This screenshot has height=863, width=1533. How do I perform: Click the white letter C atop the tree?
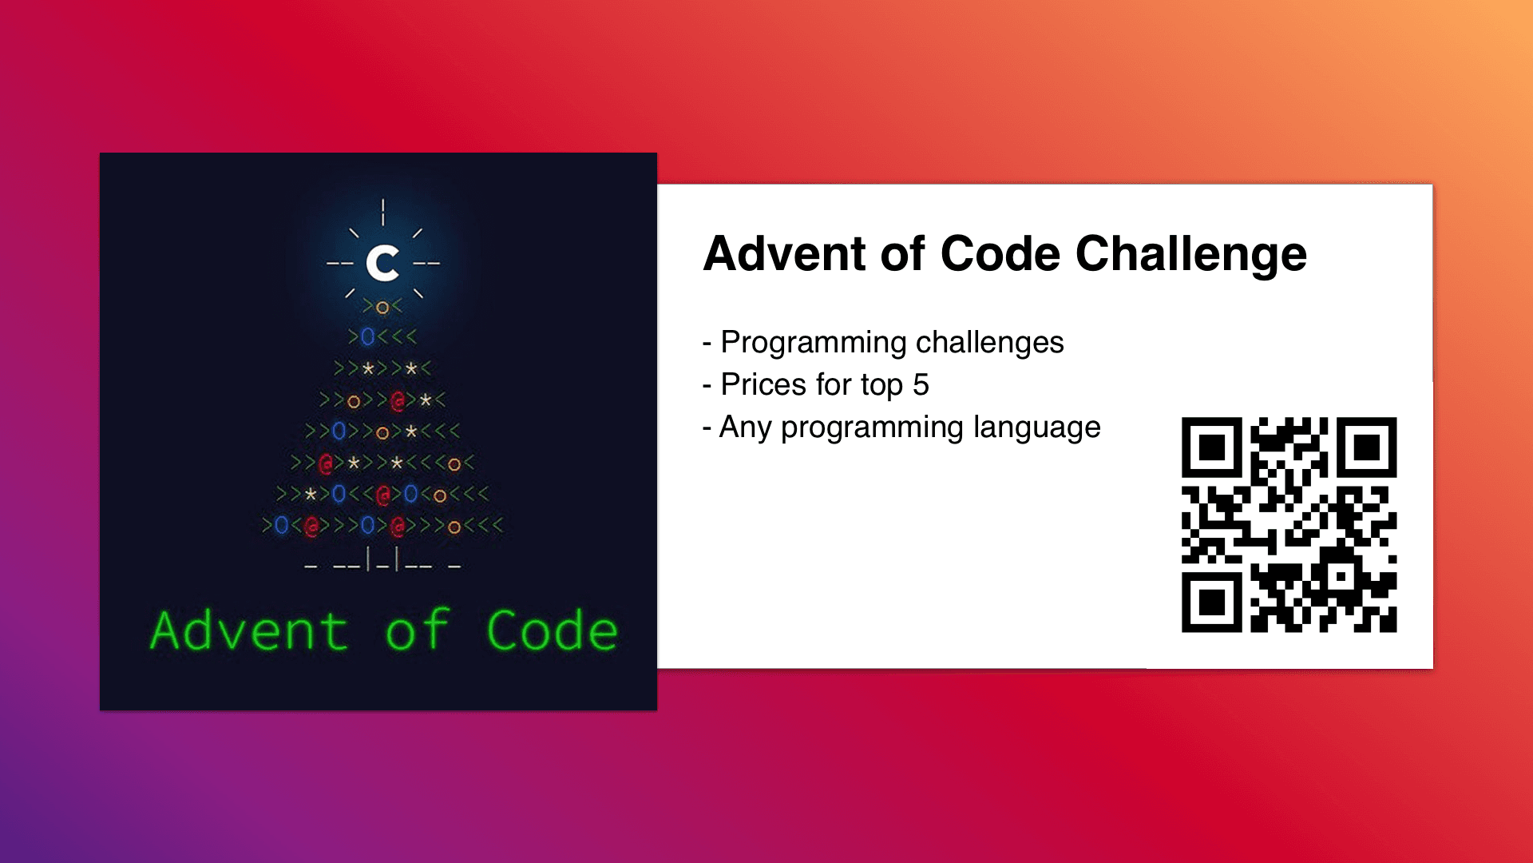pyautogui.click(x=383, y=263)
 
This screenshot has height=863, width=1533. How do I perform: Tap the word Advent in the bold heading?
pyautogui.click(x=786, y=254)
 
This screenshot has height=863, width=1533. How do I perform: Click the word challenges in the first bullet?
pyautogui.click(x=990, y=342)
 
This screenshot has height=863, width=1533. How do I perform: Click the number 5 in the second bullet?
pyautogui.click(x=921, y=385)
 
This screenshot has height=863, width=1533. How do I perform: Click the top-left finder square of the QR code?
pyautogui.click(x=1212, y=447)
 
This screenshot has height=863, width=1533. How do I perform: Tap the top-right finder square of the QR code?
pyautogui.click(x=1367, y=447)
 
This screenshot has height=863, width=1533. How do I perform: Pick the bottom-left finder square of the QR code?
pyautogui.click(x=1212, y=603)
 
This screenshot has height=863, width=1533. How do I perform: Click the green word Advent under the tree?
pyautogui.click(x=249, y=630)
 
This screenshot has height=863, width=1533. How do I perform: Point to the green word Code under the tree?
pyautogui.click(x=552, y=630)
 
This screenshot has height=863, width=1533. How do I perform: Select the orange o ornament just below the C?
pyautogui.click(x=382, y=308)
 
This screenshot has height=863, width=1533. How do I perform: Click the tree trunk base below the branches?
pyautogui.click(x=382, y=560)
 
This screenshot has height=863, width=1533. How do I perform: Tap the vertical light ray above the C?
pyautogui.click(x=383, y=212)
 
